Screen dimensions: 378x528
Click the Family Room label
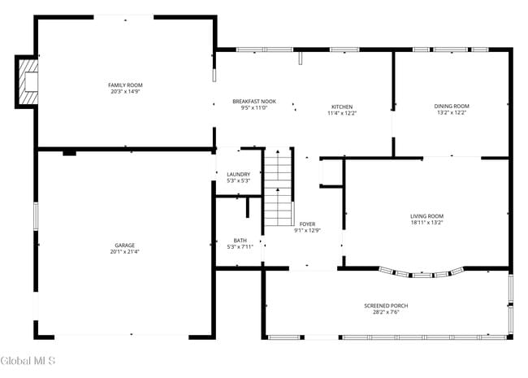pos(125,85)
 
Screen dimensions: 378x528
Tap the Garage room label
pos(124,245)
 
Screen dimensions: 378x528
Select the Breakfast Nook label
pos(254,102)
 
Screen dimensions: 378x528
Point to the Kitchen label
pos(342,106)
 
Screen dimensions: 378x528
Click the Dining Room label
pos(452,106)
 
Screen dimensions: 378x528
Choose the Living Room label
pos(426,215)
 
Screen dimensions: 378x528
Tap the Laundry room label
pos(238,174)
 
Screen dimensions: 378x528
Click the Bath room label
pos(240,240)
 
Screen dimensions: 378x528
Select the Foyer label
pos(307,224)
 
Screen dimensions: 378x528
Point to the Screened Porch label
pos(386,306)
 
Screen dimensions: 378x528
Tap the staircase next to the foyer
pos(278,189)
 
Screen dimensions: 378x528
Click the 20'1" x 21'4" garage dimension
pos(124,251)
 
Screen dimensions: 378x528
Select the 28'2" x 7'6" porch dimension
pos(386,312)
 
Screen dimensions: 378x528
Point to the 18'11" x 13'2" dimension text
pos(426,222)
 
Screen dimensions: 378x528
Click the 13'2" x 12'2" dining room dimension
pos(452,113)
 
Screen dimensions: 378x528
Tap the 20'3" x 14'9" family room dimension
pos(125,92)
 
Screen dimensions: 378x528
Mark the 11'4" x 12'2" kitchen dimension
pos(342,113)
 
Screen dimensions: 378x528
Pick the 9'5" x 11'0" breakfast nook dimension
pos(254,108)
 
